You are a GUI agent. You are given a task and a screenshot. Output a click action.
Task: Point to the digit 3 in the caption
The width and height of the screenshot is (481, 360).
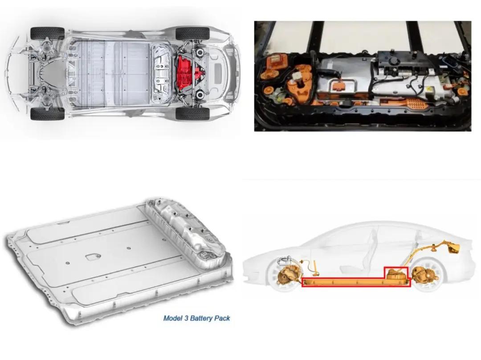186,318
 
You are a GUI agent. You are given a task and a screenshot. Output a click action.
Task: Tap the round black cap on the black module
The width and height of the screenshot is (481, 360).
392,61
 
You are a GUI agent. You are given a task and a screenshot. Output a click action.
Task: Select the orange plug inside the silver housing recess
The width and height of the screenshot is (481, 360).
338,86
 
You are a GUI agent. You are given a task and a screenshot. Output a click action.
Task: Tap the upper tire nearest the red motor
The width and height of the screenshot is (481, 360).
193,33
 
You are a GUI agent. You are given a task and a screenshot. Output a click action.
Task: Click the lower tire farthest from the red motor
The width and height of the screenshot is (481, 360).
47,114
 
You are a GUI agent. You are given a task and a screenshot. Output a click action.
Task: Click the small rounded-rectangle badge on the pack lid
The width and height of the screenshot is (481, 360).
91,257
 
